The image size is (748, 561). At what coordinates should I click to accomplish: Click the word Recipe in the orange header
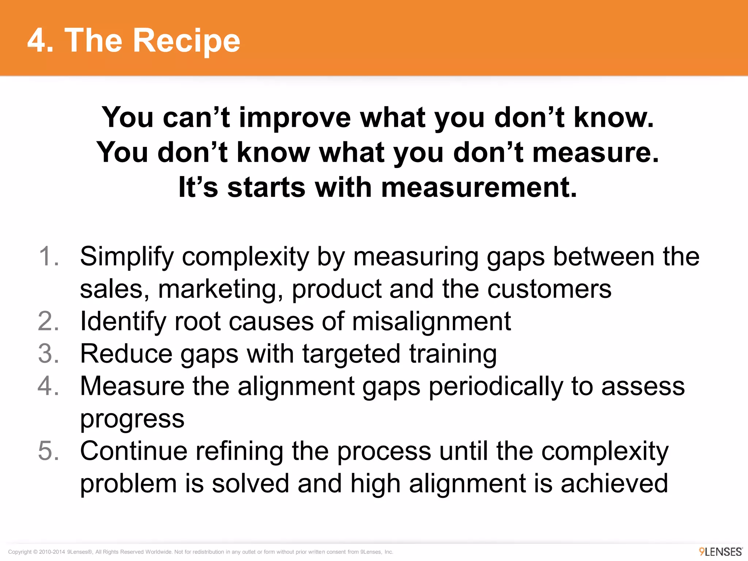(x=186, y=41)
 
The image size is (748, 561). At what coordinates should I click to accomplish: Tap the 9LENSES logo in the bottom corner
(x=721, y=552)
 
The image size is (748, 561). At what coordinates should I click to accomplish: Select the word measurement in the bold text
(x=479, y=188)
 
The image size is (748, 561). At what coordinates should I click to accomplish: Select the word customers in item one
(x=549, y=289)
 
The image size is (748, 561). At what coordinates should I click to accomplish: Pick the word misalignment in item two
(x=431, y=322)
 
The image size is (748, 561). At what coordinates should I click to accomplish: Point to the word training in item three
(x=453, y=354)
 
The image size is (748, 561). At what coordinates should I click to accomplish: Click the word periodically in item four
(x=496, y=386)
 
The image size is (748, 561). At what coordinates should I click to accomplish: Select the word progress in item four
(x=132, y=419)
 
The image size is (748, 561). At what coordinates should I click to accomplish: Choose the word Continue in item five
(x=134, y=451)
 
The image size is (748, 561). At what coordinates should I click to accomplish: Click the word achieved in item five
(x=614, y=483)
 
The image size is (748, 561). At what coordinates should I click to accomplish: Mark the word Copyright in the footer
(x=20, y=552)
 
